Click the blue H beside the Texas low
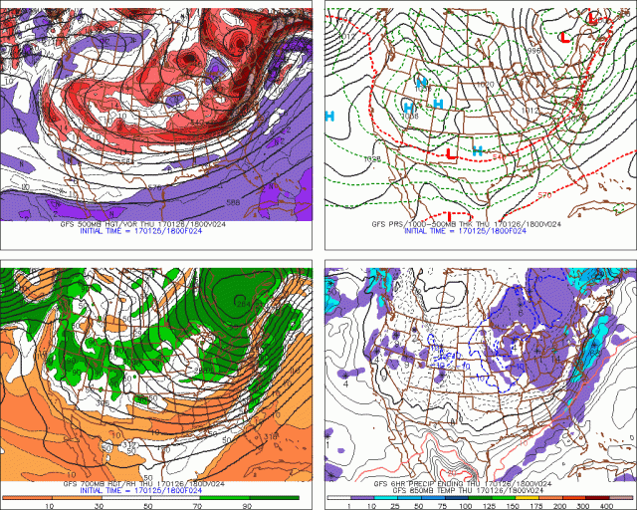pyautogui.click(x=478, y=150)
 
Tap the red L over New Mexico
pyautogui.click(x=451, y=153)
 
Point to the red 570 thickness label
pyautogui.click(x=545, y=195)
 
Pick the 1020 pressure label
pyautogui.click(x=486, y=85)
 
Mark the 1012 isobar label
pyautogui.click(x=531, y=111)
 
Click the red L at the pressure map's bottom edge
pyautogui.click(x=449, y=216)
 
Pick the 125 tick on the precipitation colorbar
pyautogui.click(x=487, y=505)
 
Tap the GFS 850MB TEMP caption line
pyautogui.click(x=467, y=490)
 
